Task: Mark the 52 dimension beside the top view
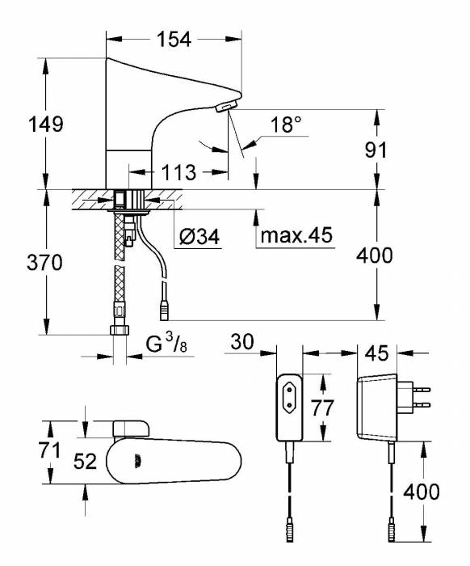(x=85, y=462)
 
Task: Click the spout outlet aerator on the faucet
(x=228, y=105)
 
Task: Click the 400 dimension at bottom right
(x=422, y=492)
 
